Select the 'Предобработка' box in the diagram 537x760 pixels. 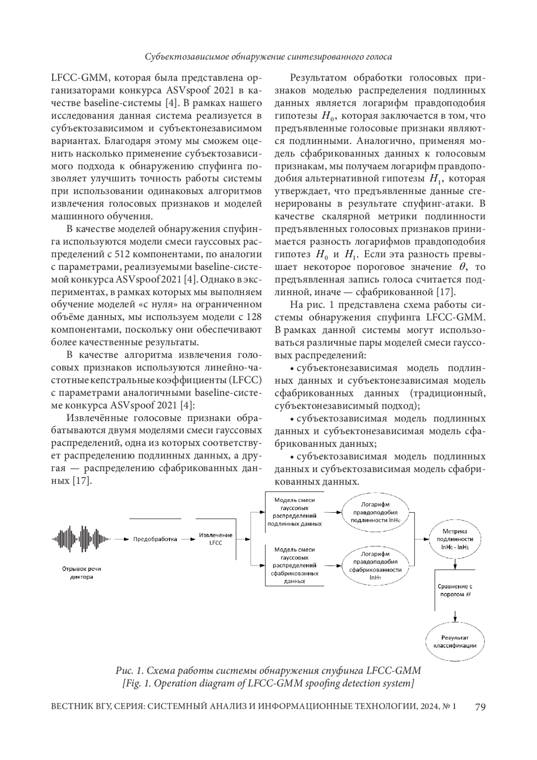pos(155,539)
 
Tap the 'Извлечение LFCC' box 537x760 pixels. pos(216,539)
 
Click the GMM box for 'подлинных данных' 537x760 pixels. pos(294,512)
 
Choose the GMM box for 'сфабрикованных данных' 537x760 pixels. pos(294,565)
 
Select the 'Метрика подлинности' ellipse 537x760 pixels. pos(455,539)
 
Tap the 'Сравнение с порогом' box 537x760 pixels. pos(455,590)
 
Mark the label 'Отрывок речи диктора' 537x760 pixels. pos(81,573)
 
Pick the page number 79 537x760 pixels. pos(480,707)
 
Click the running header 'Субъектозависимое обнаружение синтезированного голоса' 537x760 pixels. pos(268,57)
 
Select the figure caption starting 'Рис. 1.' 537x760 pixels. pos(268,670)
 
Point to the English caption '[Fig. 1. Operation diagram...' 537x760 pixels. pos(268,683)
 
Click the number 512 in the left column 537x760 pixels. pos(123,255)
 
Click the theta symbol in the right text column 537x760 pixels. pos(463,267)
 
